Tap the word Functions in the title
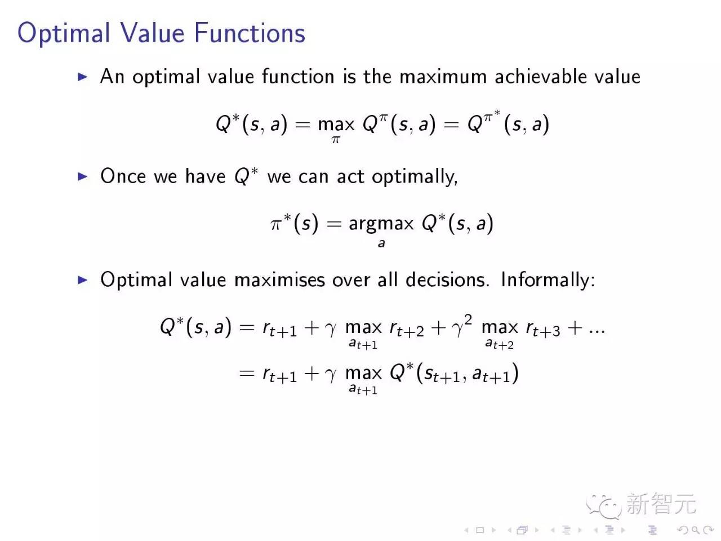(x=250, y=33)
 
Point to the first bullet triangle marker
(x=83, y=77)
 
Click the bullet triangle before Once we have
(x=83, y=176)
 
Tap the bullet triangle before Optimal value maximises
(x=83, y=280)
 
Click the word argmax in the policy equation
(x=381, y=224)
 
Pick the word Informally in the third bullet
(x=547, y=280)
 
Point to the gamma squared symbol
(x=461, y=326)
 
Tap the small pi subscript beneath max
(x=336, y=140)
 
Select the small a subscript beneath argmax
(x=381, y=243)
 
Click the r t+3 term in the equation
(x=543, y=329)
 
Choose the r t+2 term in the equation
(x=407, y=329)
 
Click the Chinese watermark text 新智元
(x=661, y=504)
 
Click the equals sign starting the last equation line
(x=247, y=373)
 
